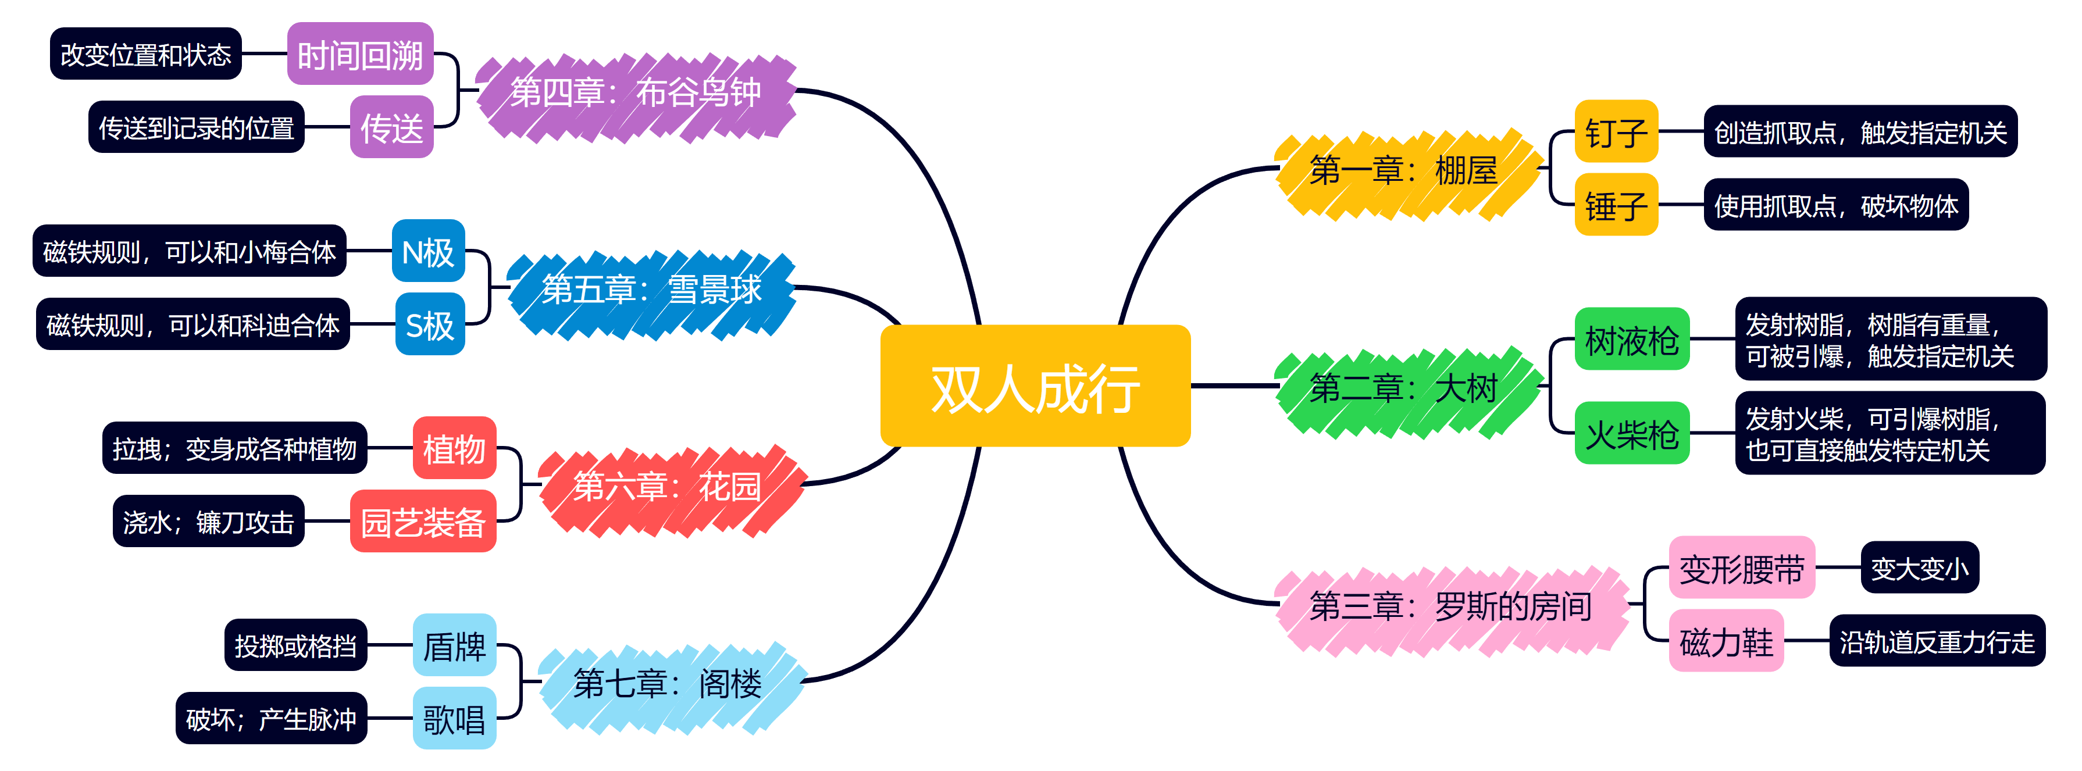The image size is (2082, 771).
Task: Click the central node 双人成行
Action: click(1035, 386)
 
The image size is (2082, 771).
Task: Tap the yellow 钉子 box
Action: click(1616, 132)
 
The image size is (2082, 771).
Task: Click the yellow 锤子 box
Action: click(1616, 205)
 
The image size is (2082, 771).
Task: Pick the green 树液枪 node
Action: click(1632, 340)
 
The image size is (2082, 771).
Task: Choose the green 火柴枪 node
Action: click(1632, 434)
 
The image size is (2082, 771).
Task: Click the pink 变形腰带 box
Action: click(1742, 568)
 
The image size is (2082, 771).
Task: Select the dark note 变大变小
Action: click(1920, 568)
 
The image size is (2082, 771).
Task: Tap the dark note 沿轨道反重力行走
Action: click(1937, 642)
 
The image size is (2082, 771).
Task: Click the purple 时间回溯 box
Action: click(359, 54)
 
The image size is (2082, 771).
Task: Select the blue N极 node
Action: click(429, 251)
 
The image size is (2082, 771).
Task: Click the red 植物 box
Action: click(454, 448)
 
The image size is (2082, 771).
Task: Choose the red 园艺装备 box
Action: click(423, 522)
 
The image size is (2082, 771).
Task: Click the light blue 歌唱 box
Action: click(454, 719)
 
